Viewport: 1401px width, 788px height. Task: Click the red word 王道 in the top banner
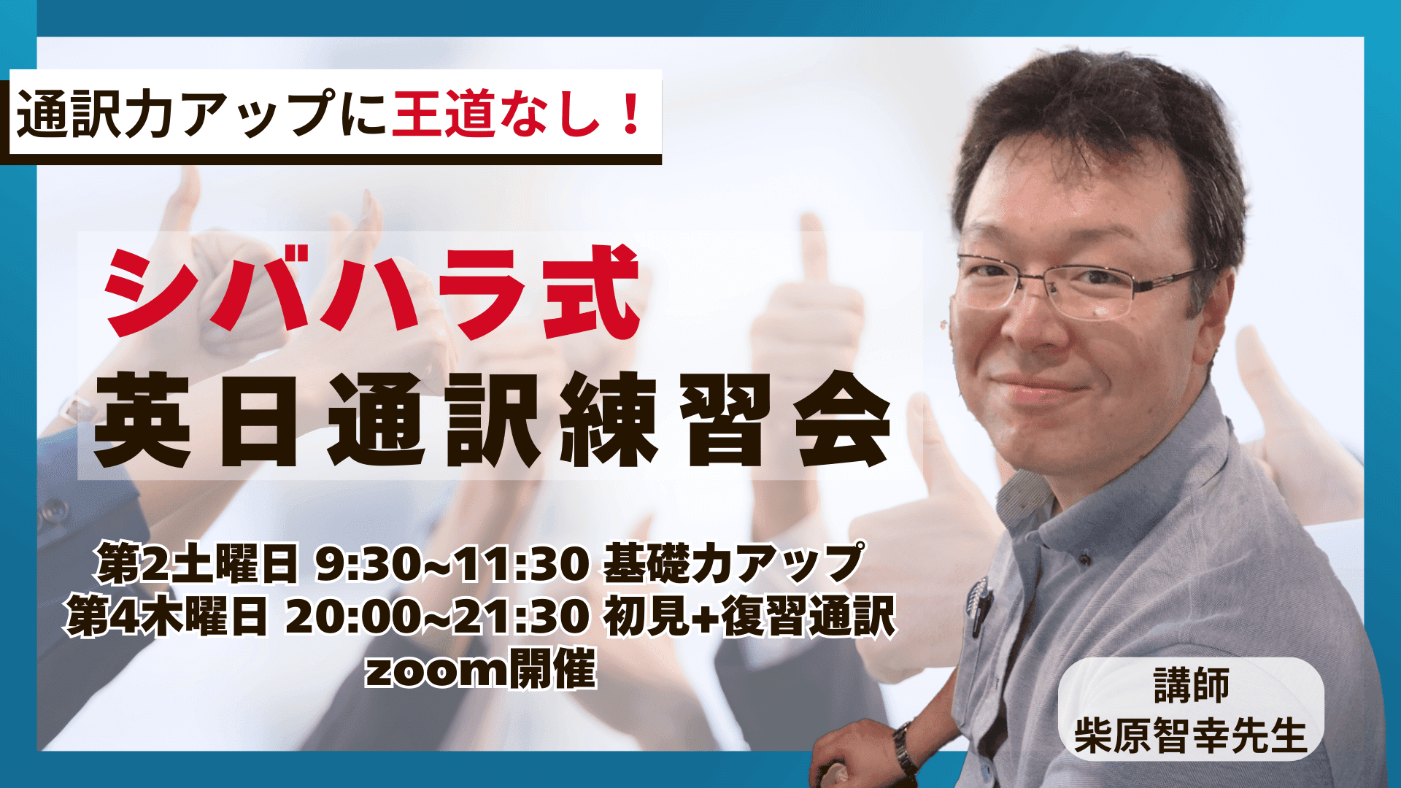pos(444,113)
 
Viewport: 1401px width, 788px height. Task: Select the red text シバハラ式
pos(373,292)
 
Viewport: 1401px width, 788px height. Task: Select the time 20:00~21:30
pos(437,617)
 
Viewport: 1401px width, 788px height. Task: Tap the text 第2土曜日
pos(196,564)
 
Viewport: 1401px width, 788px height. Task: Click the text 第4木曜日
pos(167,617)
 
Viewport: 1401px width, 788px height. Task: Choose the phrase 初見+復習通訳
pos(749,617)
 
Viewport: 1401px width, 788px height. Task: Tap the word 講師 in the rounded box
pos(1192,685)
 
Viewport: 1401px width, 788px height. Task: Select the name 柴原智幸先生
pos(1190,735)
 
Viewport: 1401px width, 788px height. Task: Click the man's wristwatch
pos(905,747)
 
